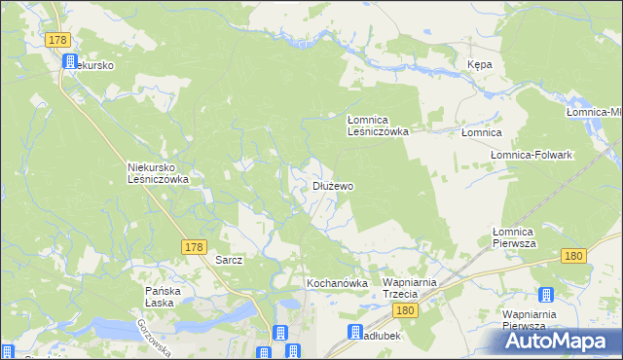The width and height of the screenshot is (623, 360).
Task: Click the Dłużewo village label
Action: point(332,185)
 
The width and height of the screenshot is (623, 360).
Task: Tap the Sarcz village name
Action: point(228,261)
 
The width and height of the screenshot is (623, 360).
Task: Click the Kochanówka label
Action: point(337,283)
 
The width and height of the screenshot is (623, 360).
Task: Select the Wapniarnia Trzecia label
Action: point(414,288)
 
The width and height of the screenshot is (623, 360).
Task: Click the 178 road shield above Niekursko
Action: point(58,39)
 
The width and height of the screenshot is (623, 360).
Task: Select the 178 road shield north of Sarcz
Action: point(192,248)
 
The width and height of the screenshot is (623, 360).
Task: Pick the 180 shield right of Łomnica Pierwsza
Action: point(572,255)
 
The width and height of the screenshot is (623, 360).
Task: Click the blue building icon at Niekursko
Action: point(70,61)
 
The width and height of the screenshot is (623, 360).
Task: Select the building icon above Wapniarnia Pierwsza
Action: point(544,295)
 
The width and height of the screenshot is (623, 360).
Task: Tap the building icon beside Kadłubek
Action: point(356,333)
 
